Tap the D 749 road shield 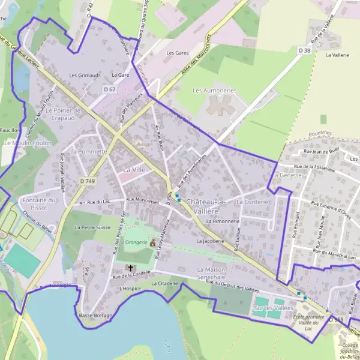(87, 181)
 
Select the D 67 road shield (109, 89)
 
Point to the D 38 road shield (305, 51)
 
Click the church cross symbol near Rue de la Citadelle (129, 267)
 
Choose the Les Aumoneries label (214, 90)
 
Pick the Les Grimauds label (85, 76)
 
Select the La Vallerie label (337, 54)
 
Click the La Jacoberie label (210, 241)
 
